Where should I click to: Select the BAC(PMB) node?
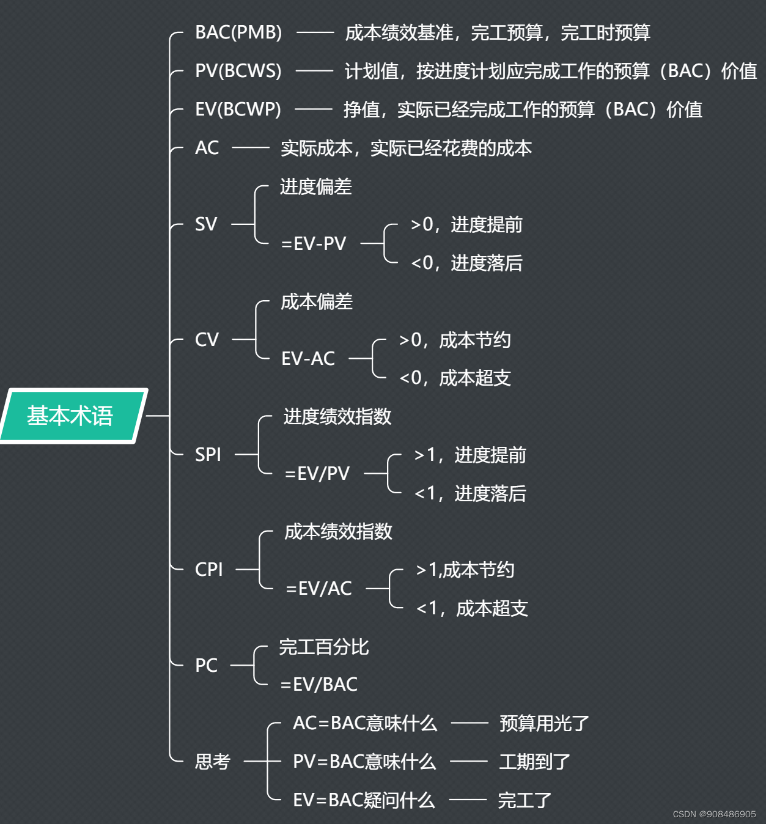pyautogui.click(x=238, y=32)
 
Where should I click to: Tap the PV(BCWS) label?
pyautogui.click(x=238, y=71)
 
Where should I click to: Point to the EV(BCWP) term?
pyautogui.click(x=238, y=109)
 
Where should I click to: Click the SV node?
pyautogui.click(x=206, y=224)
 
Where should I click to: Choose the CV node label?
pyautogui.click(x=207, y=339)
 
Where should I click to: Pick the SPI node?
pyautogui.click(x=208, y=454)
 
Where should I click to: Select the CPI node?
pyautogui.click(x=208, y=569)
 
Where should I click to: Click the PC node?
pyautogui.click(x=206, y=665)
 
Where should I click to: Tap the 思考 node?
pyautogui.click(x=212, y=762)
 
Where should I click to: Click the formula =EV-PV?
pyautogui.click(x=314, y=244)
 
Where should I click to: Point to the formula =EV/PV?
pyautogui.click(x=317, y=474)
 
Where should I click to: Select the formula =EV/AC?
pyautogui.click(x=319, y=589)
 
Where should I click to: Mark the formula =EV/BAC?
pyautogui.click(x=319, y=685)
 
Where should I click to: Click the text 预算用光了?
pyautogui.click(x=544, y=724)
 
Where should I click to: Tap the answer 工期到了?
pyautogui.click(x=535, y=762)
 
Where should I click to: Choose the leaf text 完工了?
pyautogui.click(x=525, y=800)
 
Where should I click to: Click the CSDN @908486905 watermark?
pyautogui.click(x=714, y=814)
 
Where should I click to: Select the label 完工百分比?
pyautogui.click(x=324, y=647)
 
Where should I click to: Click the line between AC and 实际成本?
pyautogui.click(x=251, y=148)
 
